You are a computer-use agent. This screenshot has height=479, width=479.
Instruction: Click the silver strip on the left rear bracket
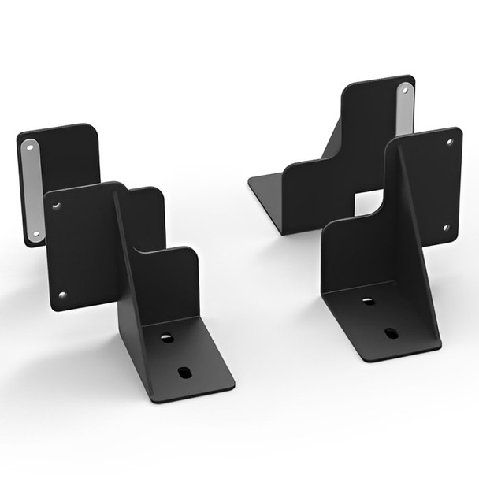pyautogui.click(x=33, y=189)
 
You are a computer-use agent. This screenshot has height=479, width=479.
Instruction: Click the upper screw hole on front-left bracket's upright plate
pyautogui.click(x=57, y=206)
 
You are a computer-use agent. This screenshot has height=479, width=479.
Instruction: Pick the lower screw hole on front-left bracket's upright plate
pyautogui.click(x=62, y=295)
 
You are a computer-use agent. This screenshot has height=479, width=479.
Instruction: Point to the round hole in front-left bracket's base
pyautogui.click(x=166, y=338)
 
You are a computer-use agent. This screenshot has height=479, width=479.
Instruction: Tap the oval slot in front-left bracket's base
pyautogui.click(x=184, y=372)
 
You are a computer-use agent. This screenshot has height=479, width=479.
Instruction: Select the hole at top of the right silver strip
pyautogui.click(x=406, y=90)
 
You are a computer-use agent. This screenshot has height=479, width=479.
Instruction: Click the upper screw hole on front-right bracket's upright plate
pyautogui.click(x=450, y=143)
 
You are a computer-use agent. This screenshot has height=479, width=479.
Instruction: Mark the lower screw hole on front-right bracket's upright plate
pyautogui.click(x=445, y=228)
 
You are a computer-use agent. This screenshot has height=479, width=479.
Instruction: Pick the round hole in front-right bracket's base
pyautogui.click(x=368, y=301)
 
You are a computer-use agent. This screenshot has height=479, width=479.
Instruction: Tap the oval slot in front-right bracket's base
pyautogui.click(x=392, y=332)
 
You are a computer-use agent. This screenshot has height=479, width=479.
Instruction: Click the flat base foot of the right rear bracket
pyautogui.click(x=266, y=193)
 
